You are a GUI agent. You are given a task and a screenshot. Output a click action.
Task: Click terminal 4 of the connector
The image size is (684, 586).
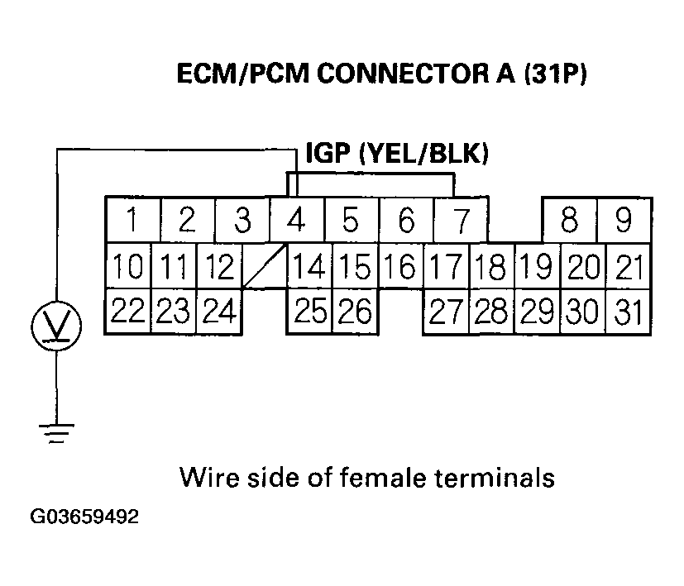pos(296,221)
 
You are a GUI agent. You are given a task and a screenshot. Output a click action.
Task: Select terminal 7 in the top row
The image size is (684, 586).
pos(460,221)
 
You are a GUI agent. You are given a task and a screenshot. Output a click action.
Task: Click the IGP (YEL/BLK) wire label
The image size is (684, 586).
pos(397,154)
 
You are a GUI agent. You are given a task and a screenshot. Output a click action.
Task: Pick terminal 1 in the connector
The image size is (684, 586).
pos(132,221)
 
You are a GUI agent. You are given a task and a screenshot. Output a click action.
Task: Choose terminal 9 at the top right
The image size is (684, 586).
pos(624,221)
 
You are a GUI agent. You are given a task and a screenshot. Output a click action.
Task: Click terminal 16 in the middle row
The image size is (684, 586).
pos(400,266)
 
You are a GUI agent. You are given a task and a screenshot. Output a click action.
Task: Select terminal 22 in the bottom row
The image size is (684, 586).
pos(128,311)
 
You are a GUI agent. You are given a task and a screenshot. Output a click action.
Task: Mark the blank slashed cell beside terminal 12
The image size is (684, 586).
pos(264,266)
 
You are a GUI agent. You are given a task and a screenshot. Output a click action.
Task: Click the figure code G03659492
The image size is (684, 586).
pos(84,518)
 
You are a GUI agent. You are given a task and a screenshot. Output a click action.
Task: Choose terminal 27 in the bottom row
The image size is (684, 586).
pos(446,311)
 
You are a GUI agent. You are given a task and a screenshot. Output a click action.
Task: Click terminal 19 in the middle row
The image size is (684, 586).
pos(538,266)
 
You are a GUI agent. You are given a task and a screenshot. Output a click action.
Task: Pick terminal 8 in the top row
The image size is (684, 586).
pos(569,221)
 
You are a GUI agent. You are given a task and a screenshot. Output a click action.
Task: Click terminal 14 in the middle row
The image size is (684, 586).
pos(309,266)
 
